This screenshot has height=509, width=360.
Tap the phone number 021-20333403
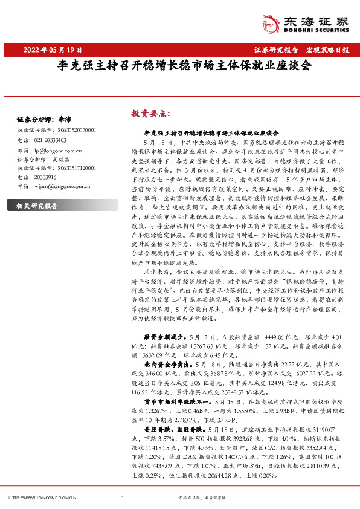51,139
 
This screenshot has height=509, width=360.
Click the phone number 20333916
46,177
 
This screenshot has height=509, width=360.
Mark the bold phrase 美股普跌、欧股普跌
170,429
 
